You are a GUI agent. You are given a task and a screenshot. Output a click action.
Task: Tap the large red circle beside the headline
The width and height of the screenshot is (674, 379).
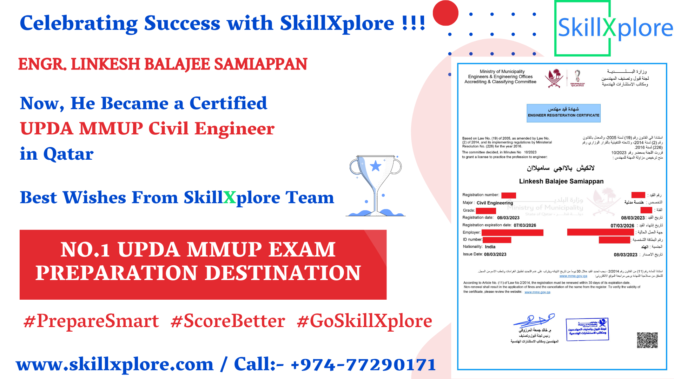tap(445, 13)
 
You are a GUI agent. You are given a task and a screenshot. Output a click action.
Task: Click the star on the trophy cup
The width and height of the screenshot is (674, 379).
tap(376, 166)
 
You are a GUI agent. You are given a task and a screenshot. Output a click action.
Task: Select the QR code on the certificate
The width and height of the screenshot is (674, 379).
tap(647, 340)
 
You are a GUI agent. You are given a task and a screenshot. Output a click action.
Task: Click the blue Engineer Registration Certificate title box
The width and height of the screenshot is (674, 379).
tap(563, 113)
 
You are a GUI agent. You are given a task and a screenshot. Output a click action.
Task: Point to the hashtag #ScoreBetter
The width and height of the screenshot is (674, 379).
tap(227, 321)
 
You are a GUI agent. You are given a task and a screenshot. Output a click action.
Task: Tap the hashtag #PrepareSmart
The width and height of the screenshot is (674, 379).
tap(91, 321)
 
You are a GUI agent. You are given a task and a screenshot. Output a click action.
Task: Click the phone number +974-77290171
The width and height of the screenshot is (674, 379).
tap(363, 364)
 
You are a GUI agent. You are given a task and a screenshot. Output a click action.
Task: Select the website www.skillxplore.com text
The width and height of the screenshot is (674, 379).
tap(115, 364)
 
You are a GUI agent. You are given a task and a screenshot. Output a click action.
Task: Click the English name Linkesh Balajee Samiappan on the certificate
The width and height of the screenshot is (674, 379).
tap(561, 181)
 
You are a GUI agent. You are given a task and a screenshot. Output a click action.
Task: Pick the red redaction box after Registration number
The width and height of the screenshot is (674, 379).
tap(508, 195)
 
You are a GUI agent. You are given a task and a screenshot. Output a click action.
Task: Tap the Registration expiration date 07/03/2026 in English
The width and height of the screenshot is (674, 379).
tap(525, 225)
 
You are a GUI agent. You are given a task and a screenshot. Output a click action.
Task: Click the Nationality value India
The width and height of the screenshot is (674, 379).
tap(490, 247)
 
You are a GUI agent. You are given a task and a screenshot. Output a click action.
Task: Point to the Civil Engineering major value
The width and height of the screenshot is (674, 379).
tap(495, 203)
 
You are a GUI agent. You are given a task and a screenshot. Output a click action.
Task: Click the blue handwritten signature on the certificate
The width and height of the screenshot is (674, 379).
tap(534, 320)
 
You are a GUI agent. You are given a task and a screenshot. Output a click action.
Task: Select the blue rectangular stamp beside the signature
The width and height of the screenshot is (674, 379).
tap(587, 329)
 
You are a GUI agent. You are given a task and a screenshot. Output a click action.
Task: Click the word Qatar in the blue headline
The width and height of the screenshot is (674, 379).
tap(68, 154)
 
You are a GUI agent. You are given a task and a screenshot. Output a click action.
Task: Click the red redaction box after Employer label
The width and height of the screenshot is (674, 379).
tap(512, 233)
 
